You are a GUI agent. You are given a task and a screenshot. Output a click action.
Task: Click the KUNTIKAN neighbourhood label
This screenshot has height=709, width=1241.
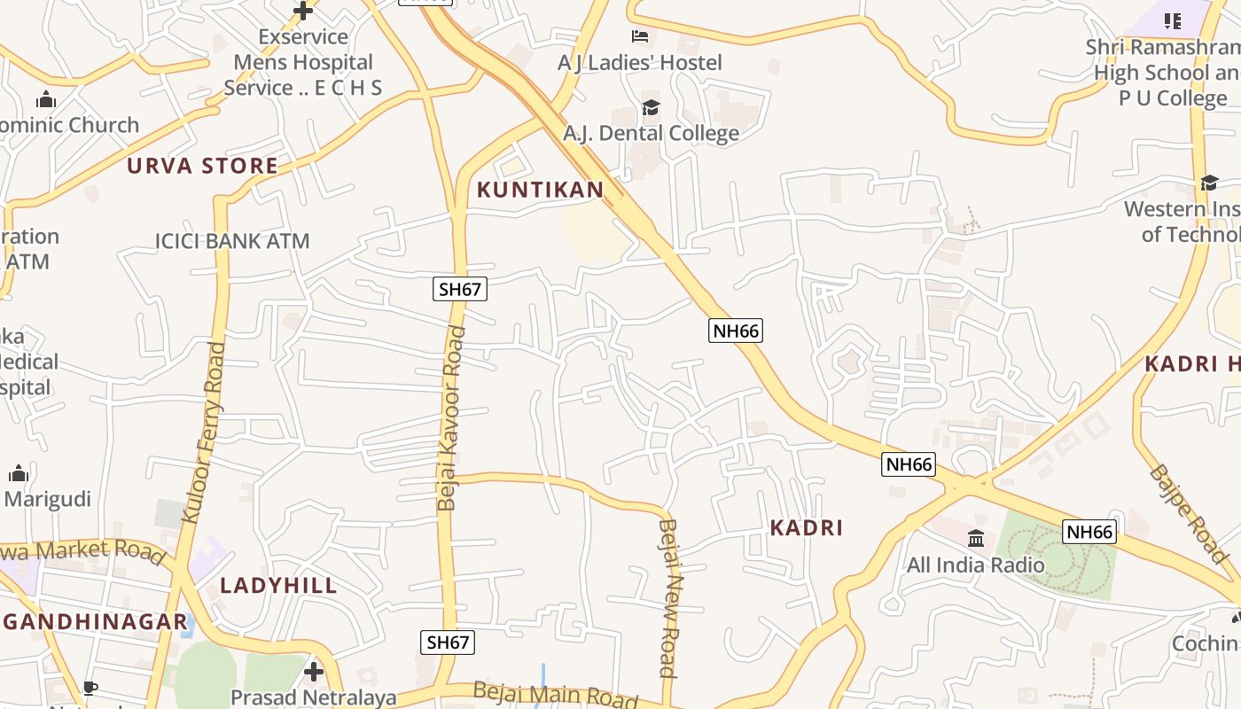(540, 189)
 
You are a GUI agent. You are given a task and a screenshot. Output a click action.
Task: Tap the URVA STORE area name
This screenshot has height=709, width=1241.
(202, 166)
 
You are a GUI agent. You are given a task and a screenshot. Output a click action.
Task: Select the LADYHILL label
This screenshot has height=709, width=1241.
(278, 585)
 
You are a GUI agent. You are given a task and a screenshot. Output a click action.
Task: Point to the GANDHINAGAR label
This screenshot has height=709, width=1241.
(96, 621)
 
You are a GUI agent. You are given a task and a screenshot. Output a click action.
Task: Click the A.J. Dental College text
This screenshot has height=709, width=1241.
(651, 133)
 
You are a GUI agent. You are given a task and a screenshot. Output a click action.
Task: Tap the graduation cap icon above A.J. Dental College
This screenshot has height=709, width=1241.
(651, 108)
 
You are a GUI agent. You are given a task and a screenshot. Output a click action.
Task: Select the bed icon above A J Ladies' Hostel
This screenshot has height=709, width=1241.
(640, 36)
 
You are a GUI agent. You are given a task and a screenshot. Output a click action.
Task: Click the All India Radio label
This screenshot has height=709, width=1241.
(975, 565)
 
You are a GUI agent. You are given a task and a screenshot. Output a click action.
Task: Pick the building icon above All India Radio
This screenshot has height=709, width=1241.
(976, 538)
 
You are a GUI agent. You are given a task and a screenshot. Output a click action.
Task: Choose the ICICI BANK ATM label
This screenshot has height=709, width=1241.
(232, 240)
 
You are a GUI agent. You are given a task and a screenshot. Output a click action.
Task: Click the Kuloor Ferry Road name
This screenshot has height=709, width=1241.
(203, 432)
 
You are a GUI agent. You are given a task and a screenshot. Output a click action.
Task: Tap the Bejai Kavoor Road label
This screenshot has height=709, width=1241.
(451, 418)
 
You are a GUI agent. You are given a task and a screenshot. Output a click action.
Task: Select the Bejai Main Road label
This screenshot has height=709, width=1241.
(555, 694)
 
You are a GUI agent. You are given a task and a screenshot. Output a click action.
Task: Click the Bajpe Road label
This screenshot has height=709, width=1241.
(1189, 513)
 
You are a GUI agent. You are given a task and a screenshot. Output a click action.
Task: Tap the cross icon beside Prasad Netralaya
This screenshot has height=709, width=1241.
(314, 672)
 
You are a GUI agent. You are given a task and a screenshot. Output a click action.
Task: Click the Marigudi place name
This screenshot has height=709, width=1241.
(48, 499)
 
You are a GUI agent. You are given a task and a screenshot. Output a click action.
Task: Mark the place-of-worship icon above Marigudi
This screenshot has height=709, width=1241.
(19, 474)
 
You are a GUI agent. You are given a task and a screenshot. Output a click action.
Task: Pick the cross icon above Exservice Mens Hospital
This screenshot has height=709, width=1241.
(303, 11)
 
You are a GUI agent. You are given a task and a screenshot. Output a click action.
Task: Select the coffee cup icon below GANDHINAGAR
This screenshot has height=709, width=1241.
(90, 688)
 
